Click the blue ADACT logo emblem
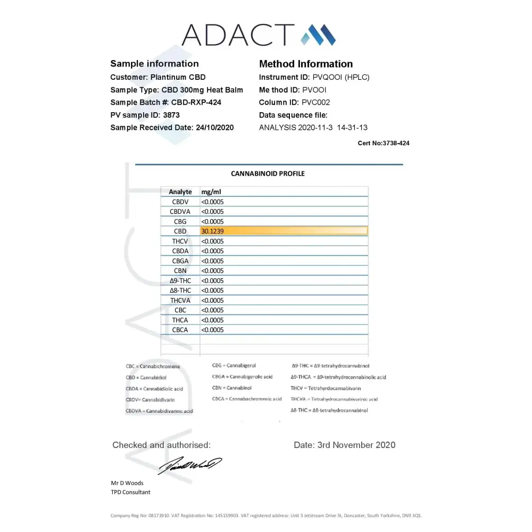point(318,35)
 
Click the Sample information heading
point(154,64)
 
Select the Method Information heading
point(306,64)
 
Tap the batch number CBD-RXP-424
point(196,102)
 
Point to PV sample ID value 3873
point(171,115)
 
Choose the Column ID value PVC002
point(316,102)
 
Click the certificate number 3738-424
point(396,143)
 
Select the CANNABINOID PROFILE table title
point(268,173)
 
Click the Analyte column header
point(180,192)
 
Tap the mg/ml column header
point(211,192)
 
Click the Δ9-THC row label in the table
point(180,280)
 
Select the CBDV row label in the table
point(180,202)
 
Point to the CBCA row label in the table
point(180,330)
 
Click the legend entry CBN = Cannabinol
point(231,388)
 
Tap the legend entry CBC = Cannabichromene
point(153,367)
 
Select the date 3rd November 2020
point(356,445)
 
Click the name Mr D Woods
point(127,483)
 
